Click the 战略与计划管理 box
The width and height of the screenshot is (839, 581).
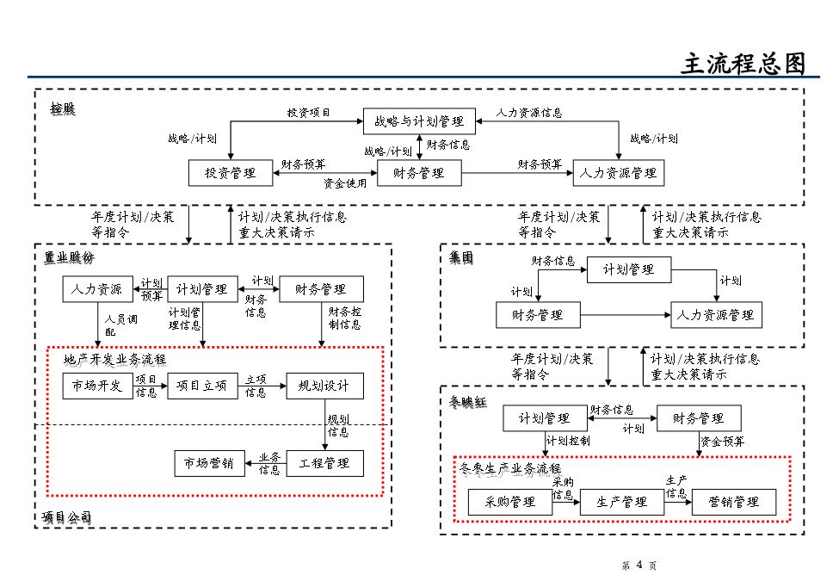click(418, 121)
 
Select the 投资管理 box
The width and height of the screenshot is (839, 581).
click(230, 173)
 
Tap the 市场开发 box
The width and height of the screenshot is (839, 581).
click(97, 386)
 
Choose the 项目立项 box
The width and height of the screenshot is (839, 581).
click(202, 386)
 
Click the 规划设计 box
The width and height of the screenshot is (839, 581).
click(324, 386)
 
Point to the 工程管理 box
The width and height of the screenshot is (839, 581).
click(324, 463)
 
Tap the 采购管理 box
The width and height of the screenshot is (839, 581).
click(510, 502)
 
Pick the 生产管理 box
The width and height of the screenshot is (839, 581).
click(622, 502)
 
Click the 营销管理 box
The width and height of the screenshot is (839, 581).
click(734, 502)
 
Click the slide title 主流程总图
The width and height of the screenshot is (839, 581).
click(743, 65)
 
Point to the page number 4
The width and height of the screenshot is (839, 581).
click(639, 566)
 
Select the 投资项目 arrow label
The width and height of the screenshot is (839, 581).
click(308, 113)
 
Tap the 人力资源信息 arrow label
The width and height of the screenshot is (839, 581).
click(529, 113)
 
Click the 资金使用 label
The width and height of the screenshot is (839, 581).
click(344, 182)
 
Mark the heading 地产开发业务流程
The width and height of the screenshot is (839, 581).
click(114, 359)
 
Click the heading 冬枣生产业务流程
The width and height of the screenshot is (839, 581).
click(510, 469)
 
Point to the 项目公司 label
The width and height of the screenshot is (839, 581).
click(66, 517)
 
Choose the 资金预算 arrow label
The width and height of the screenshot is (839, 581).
click(723, 442)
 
